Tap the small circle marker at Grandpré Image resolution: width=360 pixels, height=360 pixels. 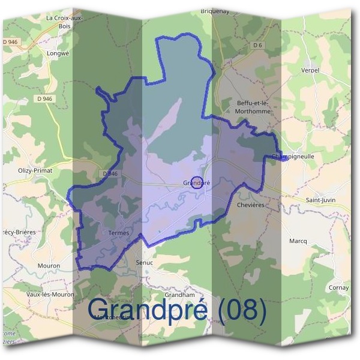point(196,182)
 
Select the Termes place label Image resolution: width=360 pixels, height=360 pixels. point(119,233)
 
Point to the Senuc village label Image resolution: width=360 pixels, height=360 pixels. point(145,263)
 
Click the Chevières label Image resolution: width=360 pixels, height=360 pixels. point(250,205)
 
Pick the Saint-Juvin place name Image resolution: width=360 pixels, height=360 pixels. point(320,200)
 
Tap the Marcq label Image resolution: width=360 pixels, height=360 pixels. point(298,241)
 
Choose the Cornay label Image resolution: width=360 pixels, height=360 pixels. point(338,288)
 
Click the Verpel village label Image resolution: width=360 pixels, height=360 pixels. point(310,70)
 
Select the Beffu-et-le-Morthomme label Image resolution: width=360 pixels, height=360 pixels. point(251,107)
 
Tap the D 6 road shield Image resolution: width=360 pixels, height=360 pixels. point(258,45)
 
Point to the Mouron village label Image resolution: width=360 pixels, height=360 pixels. point(48,265)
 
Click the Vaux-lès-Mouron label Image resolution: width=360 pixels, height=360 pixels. point(50,295)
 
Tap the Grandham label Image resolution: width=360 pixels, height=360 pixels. point(180,295)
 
